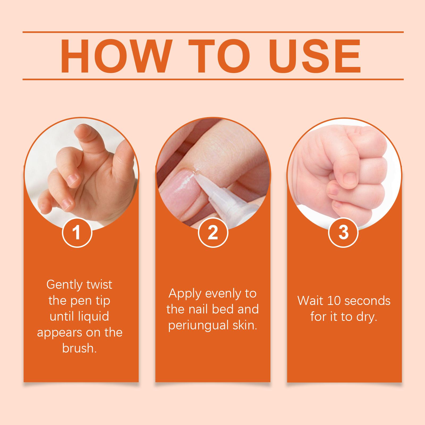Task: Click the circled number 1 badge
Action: [77, 233]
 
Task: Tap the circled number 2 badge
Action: [213, 233]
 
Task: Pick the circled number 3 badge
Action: [343, 233]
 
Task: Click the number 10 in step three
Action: [333, 301]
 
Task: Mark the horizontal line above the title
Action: [213, 32]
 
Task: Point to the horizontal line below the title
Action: [213, 79]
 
